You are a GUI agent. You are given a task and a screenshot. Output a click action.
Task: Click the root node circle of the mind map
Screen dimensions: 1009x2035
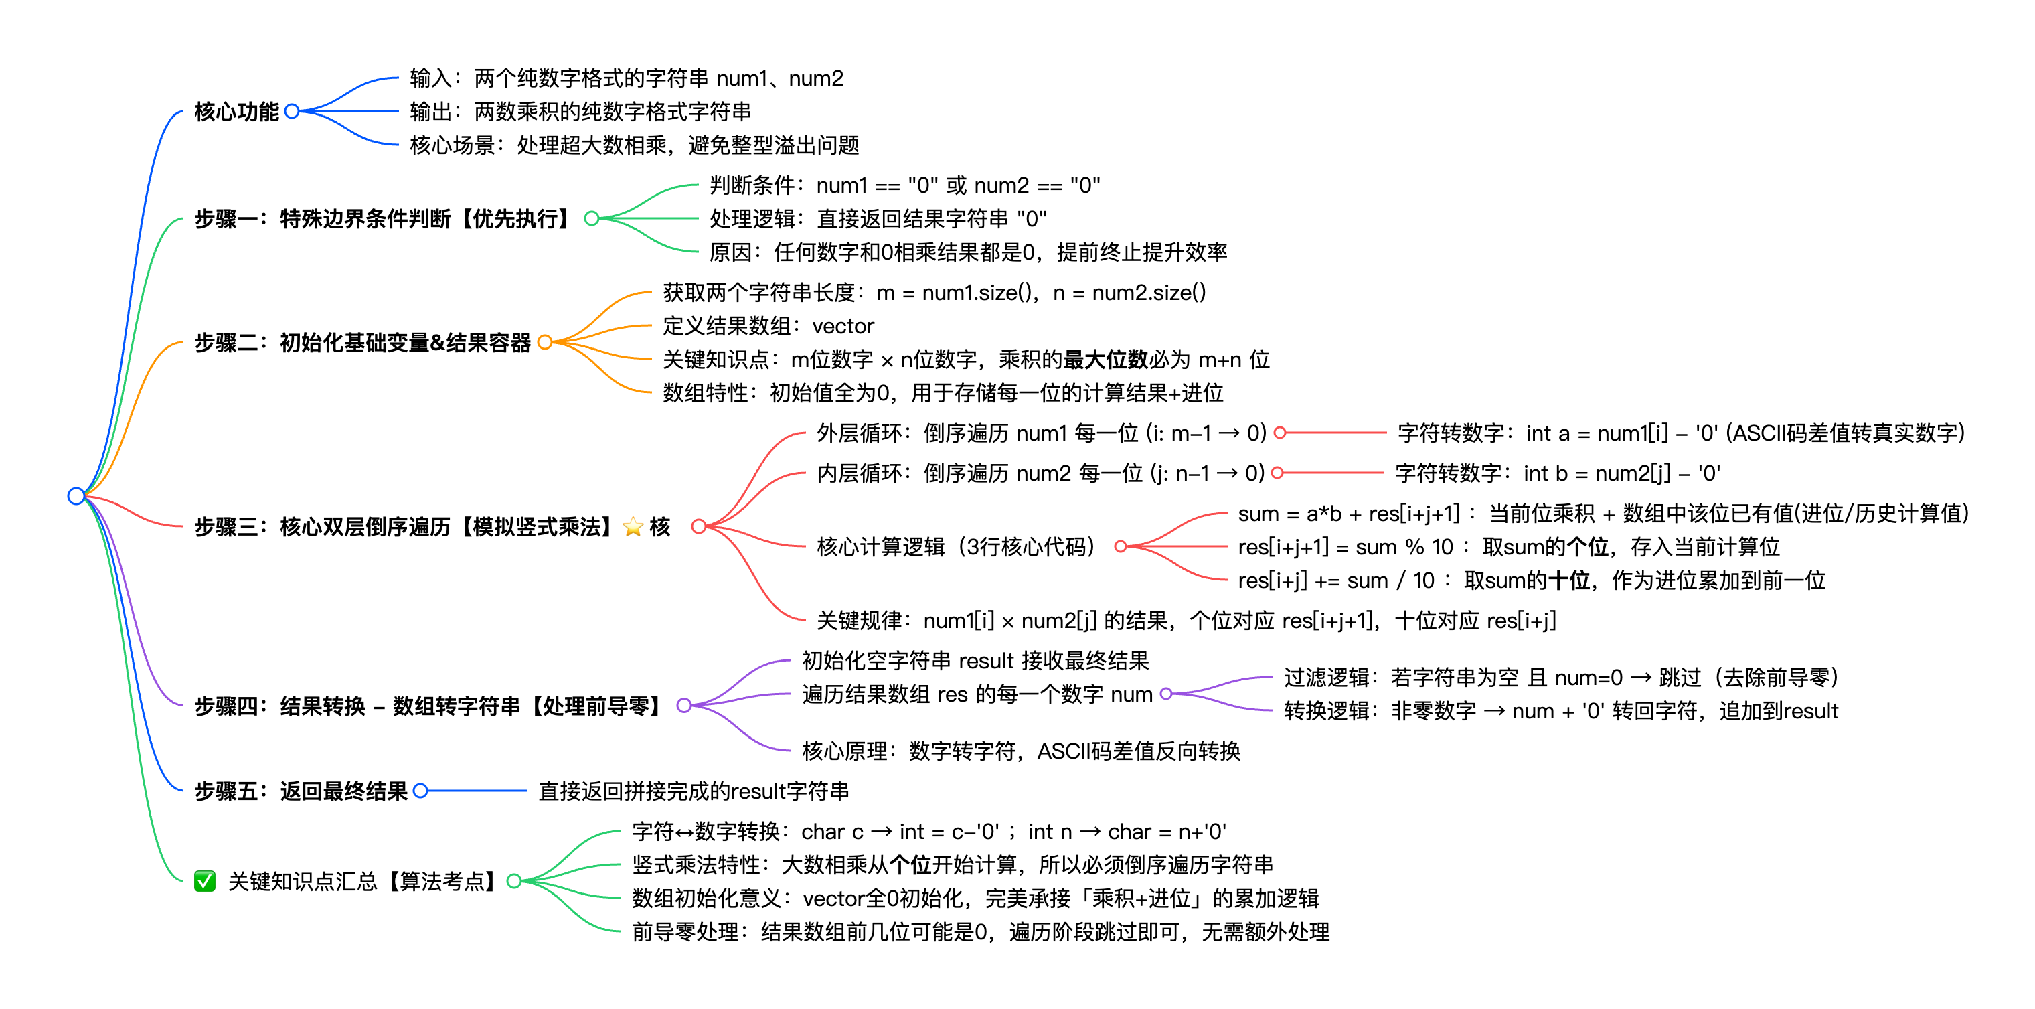coord(76,496)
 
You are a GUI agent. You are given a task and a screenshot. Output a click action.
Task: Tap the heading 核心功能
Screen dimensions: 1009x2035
coord(236,111)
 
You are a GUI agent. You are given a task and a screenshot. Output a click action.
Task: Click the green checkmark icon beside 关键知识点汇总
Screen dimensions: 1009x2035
coord(205,881)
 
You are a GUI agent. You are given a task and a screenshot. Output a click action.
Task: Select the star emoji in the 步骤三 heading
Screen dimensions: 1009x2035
coord(633,526)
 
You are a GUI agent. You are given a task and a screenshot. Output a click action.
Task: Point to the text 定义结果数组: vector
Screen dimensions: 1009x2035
coord(768,326)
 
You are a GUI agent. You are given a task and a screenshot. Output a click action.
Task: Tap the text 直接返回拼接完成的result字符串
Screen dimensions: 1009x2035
coord(694,791)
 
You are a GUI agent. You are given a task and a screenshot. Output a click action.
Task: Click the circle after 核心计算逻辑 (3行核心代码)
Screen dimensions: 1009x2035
coord(1119,547)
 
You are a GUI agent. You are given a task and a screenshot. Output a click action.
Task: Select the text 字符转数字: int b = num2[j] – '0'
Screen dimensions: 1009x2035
coord(1557,473)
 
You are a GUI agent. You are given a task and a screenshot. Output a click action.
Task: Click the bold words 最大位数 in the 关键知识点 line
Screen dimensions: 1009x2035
coord(1105,360)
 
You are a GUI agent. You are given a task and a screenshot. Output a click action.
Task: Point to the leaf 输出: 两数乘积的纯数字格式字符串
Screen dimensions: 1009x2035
coord(580,111)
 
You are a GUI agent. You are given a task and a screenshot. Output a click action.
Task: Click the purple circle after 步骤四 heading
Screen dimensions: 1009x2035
coord(684,706)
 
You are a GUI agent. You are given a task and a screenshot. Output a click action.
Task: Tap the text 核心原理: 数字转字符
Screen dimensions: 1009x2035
coord(1021,751)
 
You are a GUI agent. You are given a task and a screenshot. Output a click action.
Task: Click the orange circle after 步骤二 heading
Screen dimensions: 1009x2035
coord(544,342)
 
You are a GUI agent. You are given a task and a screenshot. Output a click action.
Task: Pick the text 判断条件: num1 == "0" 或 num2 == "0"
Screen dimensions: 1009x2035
coord(904,185)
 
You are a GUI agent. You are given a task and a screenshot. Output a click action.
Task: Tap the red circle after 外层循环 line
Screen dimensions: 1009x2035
coord(1280,433)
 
